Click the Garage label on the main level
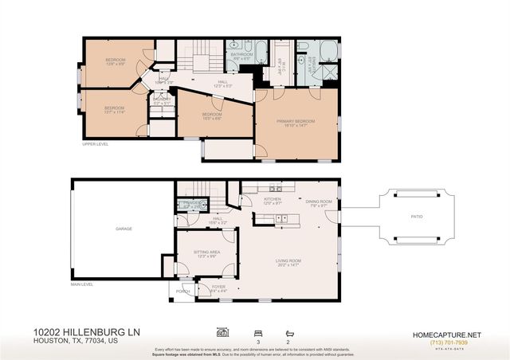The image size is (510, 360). click(123, 229)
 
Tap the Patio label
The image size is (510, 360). click(417, 216)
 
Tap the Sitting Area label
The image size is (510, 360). click(206, 254)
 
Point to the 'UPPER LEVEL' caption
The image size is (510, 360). click(95, 144)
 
